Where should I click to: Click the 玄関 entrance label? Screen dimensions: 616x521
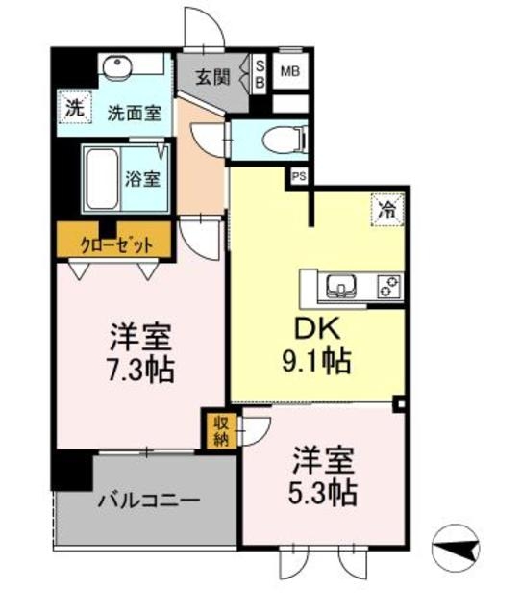(212, 77)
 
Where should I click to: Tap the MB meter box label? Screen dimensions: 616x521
(289, 70)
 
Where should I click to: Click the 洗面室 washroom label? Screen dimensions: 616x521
(133, 113)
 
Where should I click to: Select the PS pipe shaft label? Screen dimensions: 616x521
(299, 176)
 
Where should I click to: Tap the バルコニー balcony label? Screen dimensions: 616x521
(148, 501)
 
